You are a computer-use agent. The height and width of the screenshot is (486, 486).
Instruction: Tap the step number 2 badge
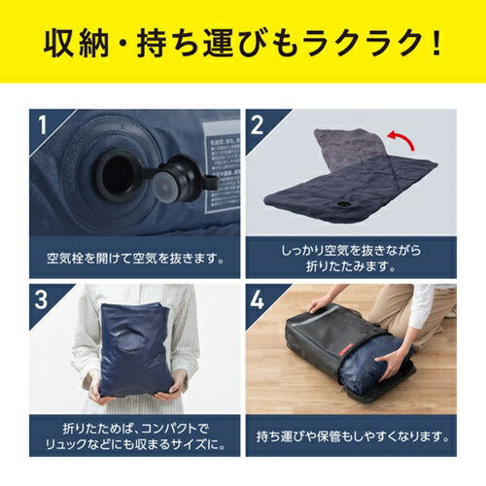(257, 124)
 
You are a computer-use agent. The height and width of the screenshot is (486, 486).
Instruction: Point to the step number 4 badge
(257, 299)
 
